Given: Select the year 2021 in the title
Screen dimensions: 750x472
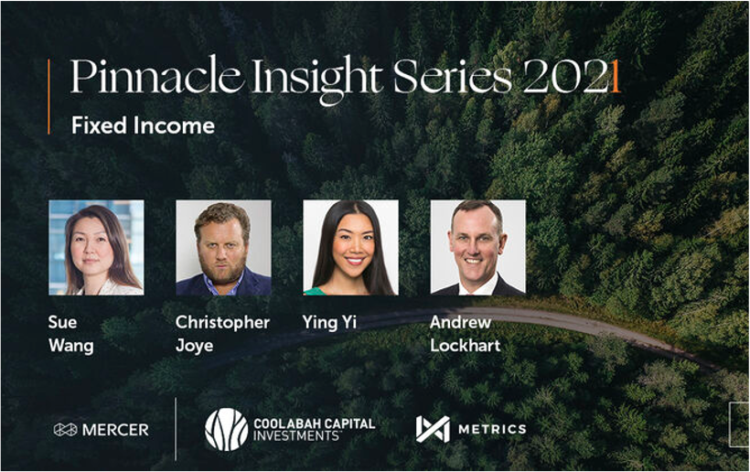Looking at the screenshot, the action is coord(572,77).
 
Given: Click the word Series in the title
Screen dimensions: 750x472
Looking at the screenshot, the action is coord(453,76).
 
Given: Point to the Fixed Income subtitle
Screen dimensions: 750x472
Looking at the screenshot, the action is coord(143,125).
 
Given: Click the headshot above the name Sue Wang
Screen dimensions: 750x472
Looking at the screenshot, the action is coord(96,247).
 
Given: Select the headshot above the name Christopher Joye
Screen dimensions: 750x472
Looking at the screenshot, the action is coord(223,247).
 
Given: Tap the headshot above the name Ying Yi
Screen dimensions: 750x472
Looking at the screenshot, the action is coord(350,247).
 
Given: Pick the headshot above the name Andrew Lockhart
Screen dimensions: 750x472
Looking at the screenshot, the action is coord(477,247).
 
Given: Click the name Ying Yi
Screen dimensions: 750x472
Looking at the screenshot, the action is coord(329,323).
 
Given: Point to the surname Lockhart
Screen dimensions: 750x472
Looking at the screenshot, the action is coord(465,345).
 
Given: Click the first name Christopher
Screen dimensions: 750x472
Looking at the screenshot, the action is coord(222,323).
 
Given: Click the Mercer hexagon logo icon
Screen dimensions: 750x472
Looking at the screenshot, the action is coord(66,429).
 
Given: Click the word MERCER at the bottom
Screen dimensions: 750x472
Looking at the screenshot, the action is coord(115,430).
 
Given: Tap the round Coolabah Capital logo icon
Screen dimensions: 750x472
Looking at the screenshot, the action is coord(227,429).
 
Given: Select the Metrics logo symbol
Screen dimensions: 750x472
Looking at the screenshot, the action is coord(433,429).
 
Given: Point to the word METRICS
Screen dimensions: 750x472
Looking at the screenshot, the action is coord(492,429).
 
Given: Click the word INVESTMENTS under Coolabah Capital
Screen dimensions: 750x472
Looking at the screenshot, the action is coord(296,436).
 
